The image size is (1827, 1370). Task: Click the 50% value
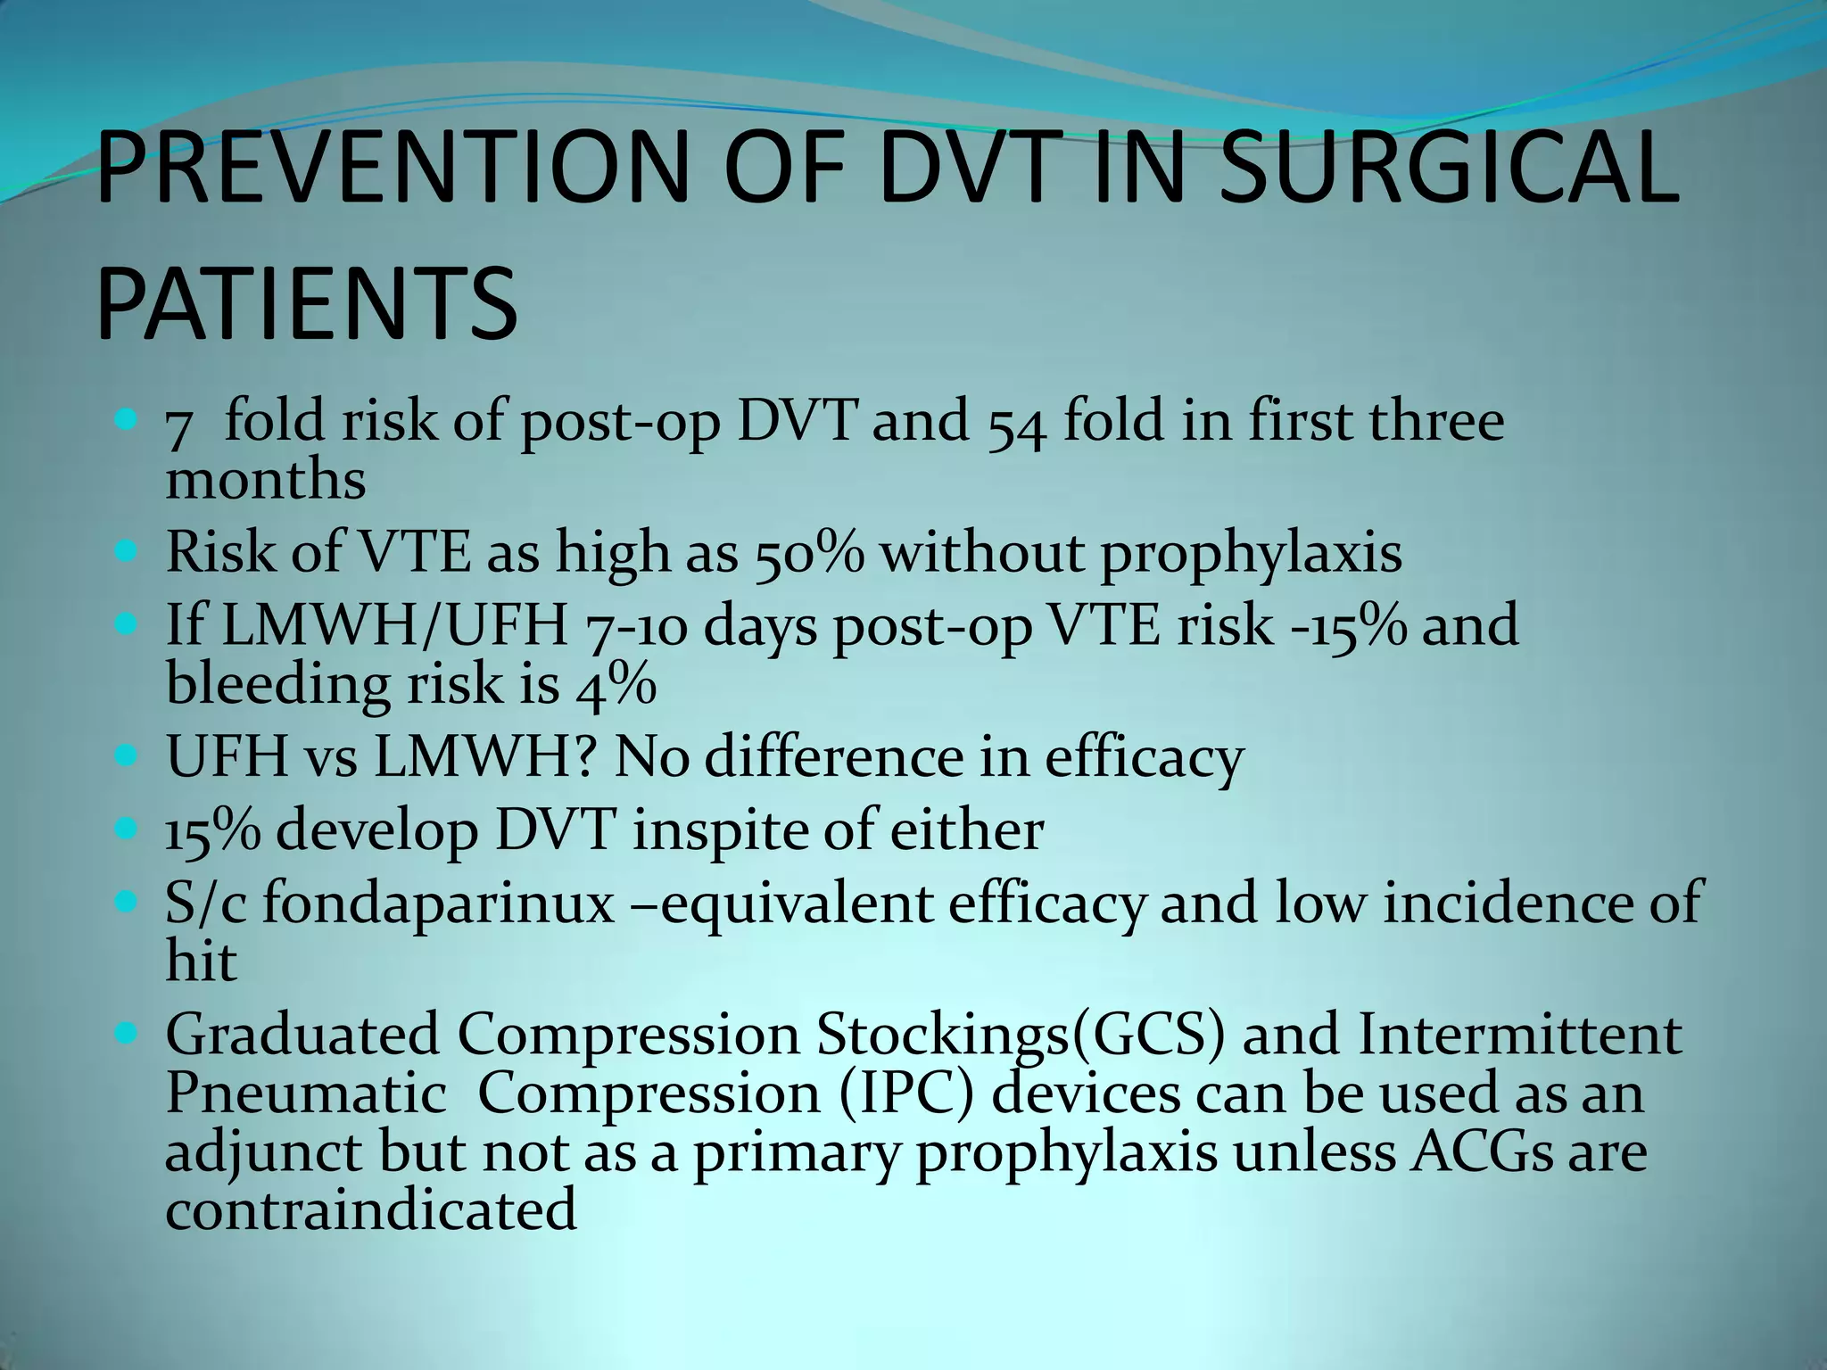[810, 553]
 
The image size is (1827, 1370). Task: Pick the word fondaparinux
[438, 904]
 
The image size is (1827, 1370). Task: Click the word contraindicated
[371, 1210]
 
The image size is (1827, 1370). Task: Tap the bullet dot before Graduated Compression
[127, 1035]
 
